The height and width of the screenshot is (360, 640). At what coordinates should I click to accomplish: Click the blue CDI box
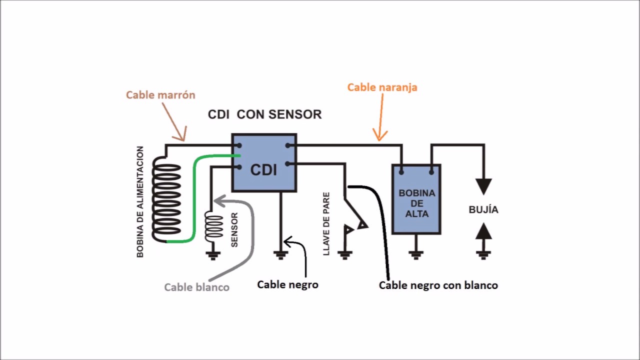264,163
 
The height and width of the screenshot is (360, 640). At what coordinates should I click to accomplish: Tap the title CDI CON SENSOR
264,114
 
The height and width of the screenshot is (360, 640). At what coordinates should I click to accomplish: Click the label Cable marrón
160,94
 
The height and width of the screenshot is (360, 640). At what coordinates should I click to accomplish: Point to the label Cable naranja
382,87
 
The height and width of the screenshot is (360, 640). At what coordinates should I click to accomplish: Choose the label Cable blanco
197,287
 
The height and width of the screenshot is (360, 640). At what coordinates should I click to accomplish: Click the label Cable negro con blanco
438,285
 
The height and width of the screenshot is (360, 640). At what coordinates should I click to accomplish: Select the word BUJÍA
483,209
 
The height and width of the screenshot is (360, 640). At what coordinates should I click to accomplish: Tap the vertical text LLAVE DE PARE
326,223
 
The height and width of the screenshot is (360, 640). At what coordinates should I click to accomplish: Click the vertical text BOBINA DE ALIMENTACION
140,201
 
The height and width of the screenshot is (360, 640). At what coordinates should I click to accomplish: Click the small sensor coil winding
214,225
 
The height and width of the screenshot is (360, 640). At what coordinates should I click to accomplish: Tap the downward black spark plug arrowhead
483,186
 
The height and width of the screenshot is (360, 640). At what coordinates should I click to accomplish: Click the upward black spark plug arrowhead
483,231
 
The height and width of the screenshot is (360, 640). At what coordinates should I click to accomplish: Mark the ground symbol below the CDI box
280,254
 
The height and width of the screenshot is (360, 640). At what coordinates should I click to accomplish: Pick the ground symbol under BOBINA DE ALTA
416,254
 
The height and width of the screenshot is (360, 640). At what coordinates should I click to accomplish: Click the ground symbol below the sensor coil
214,255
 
